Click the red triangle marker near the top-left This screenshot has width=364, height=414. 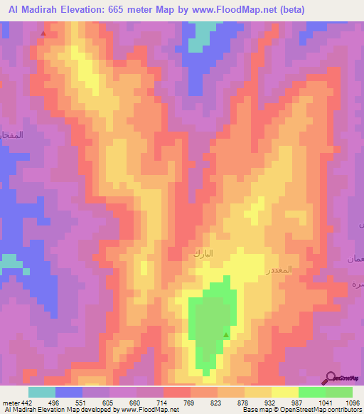pyautogui.click(x=43, y=33)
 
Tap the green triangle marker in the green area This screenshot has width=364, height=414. pyautogui.click(x=227, y=334)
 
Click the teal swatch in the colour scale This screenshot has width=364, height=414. pyautogui.click(x=42, y=392)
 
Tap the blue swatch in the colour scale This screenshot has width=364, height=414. pyautogui.click(x=69, y=392)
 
